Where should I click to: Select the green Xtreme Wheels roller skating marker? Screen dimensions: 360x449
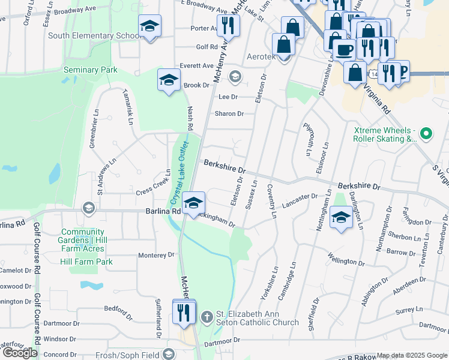tap(426, 133)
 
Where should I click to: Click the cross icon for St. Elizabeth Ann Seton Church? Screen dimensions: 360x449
tap(206, 316)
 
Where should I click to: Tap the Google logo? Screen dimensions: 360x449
tap(20, 353)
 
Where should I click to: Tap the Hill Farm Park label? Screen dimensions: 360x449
tap(86, 262)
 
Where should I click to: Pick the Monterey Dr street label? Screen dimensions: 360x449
tap(156, 255)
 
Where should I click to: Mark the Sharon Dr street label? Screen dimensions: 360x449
tap(229, 113)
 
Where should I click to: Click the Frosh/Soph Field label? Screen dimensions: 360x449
tap(127, 355)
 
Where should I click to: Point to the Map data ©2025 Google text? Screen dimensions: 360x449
tap(412, 356)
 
